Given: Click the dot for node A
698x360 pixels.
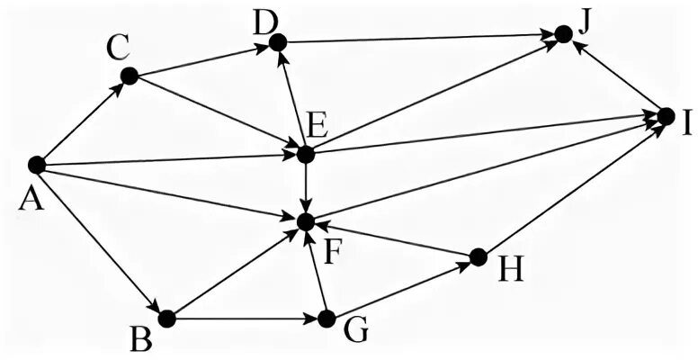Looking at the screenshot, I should click(36, 165).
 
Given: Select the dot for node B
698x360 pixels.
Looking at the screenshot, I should click(166, 318).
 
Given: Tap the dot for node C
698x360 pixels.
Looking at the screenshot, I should click(129, 76).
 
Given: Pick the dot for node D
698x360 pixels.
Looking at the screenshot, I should click(277, 41).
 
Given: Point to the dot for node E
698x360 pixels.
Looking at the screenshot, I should click(306, 154).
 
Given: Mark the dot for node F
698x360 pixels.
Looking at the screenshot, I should click(306, 220).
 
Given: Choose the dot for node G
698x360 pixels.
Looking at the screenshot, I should click(327, 319).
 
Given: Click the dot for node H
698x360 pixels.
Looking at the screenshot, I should click(478, 256).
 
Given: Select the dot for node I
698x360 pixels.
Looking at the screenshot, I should click(666, 116).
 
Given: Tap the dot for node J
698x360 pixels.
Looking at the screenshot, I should click(563, 34).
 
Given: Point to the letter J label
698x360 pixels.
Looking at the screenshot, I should click(584, 20).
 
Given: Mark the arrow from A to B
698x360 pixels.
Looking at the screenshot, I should click(101, 241).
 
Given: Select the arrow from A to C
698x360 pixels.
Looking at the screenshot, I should click(82, 121).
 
